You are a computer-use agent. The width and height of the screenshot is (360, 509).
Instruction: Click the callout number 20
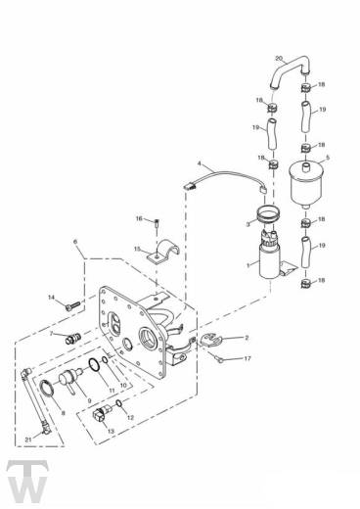278,59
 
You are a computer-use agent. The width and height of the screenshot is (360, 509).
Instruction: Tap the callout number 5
327,157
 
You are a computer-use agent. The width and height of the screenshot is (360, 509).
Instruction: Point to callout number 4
199,162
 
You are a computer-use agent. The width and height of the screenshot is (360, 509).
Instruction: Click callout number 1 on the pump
250,264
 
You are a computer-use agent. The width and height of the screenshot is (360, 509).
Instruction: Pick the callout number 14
51,297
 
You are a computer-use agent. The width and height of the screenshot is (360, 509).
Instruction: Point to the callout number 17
247,358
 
